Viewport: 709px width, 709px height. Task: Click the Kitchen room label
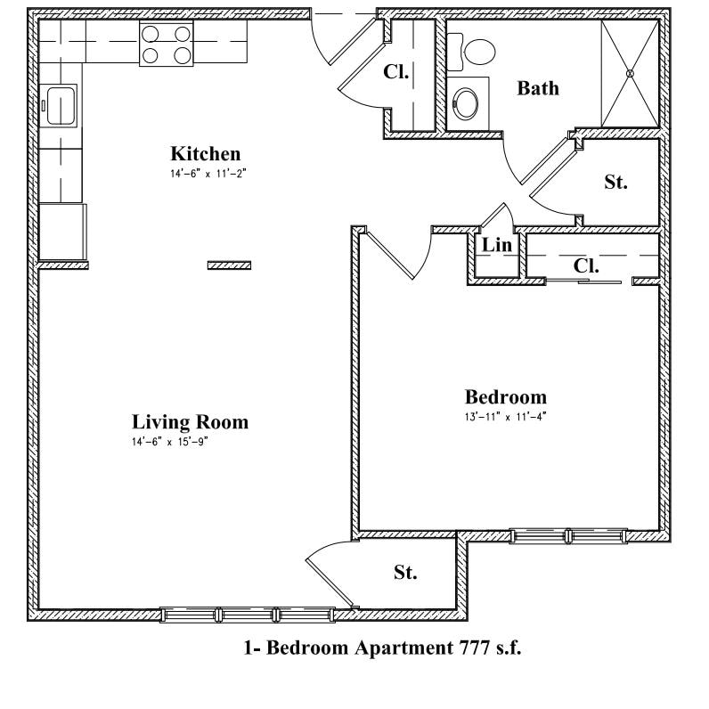coord(206,153)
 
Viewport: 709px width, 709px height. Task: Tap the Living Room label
coord(190,421)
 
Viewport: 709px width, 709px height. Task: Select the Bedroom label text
coord(506,396)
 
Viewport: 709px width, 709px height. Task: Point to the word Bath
coord(539,87)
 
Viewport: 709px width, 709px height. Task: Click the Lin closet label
coord(497,246)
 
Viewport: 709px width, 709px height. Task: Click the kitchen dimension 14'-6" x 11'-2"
coord(207,175)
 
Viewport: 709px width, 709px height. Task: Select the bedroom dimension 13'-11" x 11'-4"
coord(505,416)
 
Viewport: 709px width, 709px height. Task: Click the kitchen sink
coord(61,108)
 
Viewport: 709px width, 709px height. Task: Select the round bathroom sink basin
coord(466,103)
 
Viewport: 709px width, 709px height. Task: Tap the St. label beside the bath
coord(616,182)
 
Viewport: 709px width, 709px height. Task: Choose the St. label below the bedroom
coord(405,572)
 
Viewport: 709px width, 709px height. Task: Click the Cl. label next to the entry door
coord(396,72)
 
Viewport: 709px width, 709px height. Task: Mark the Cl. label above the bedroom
coord(586,265)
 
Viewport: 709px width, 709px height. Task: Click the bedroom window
coord(567,536)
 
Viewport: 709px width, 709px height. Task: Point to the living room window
coord(248,614)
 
